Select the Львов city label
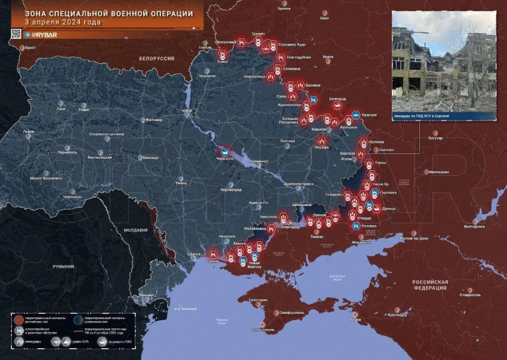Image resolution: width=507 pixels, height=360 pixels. point(28,131)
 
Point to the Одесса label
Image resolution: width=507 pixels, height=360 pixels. point(194,254)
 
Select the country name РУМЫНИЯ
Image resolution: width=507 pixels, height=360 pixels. point(63,266)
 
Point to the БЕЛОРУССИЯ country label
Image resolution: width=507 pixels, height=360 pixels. point(156,59)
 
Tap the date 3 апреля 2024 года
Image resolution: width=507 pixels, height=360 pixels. point(63,22)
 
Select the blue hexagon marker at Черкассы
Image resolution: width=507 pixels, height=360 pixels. point(225,152)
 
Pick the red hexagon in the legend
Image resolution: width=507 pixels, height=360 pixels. point(19,319)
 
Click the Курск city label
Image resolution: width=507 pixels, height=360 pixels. point(328,57)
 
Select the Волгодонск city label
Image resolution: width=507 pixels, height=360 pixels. point(474,226)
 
